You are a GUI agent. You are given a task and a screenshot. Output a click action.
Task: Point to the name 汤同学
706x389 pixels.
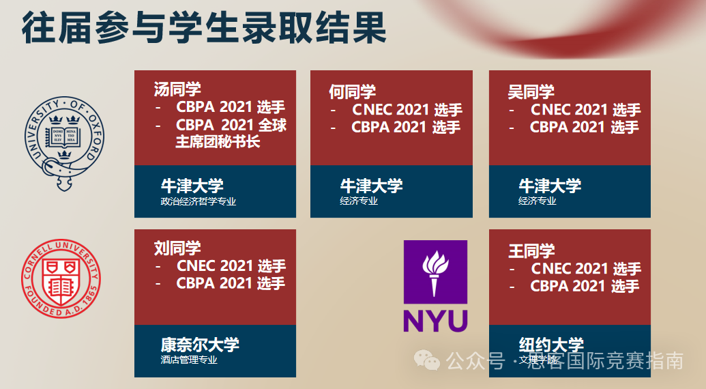177,89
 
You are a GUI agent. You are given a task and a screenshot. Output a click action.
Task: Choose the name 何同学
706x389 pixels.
353,91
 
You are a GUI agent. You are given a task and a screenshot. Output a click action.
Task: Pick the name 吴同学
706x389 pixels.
531,91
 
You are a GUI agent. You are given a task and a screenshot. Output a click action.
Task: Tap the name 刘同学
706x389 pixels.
177,248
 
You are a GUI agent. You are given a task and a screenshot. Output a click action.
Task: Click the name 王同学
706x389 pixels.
531,250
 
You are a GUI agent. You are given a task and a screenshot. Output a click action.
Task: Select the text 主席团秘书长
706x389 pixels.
218,142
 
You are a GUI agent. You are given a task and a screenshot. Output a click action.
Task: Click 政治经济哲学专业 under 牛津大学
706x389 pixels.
198,201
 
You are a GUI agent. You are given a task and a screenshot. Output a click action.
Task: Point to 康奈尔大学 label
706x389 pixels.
200,345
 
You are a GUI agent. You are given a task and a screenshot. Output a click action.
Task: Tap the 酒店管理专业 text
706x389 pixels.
189,360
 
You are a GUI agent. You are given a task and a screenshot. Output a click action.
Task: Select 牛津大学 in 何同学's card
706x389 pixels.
371,186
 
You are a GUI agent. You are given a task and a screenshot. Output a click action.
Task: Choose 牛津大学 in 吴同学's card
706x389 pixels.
550,186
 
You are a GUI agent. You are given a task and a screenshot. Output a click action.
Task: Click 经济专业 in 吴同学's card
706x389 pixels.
537,201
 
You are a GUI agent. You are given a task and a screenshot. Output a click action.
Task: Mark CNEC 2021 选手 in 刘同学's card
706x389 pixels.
231,266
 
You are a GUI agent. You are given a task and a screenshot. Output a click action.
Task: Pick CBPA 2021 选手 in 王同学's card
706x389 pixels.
585,287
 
